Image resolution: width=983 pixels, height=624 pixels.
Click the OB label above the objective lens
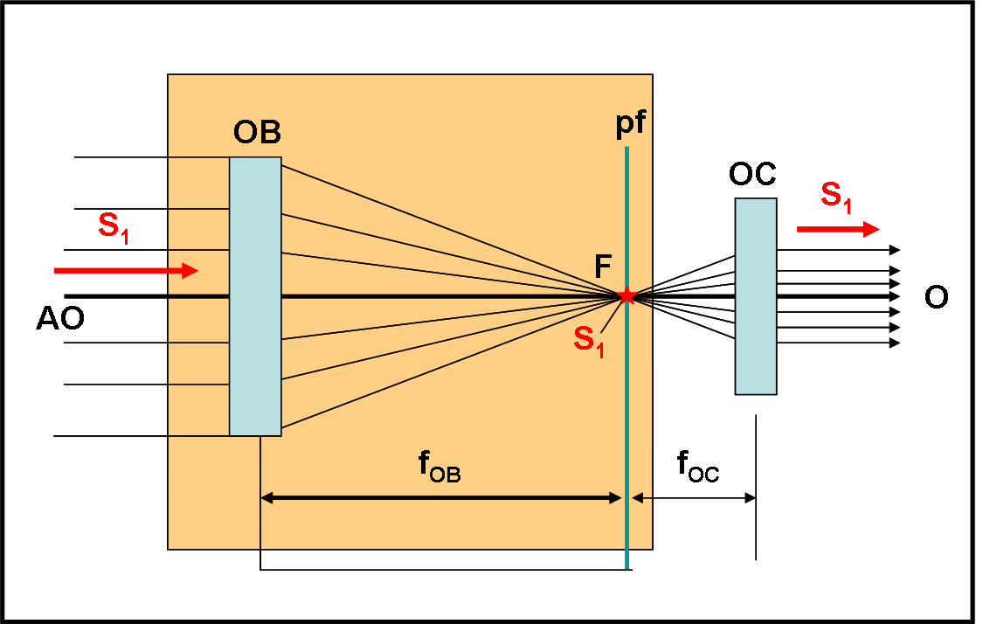click(x=257, y=132)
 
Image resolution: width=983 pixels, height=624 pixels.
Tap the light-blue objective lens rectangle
click(x=255, y=296)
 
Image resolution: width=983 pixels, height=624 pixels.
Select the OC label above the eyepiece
click(x=752, y=174)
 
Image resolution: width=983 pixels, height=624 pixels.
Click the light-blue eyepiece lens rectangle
click(x=756, y=296)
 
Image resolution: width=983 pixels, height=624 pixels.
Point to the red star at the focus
click(x=626, y=296)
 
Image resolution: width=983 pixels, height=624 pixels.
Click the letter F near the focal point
click(x=603, y=267)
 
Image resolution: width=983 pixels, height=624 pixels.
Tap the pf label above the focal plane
click(x=630, y=123)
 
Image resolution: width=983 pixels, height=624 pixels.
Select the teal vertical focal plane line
click(x=626, y=357)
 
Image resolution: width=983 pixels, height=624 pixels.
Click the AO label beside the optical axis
click(x=60, y=319)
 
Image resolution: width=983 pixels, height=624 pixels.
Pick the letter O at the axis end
click(x=937, y=296)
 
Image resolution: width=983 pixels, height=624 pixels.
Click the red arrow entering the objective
click(x=126, y=271)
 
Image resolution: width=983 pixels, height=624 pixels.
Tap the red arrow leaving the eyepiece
click(x=838, y=230)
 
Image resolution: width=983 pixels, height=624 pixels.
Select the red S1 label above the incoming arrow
click(x=114, y=228)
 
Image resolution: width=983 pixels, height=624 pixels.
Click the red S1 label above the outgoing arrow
click(x=836, y=198)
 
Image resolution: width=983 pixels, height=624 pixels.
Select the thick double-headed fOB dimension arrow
click(x=440, y=498)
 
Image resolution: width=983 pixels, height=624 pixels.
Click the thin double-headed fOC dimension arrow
click(x=694, y=498)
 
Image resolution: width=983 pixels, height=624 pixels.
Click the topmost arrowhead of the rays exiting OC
click(x=896, y=250)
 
